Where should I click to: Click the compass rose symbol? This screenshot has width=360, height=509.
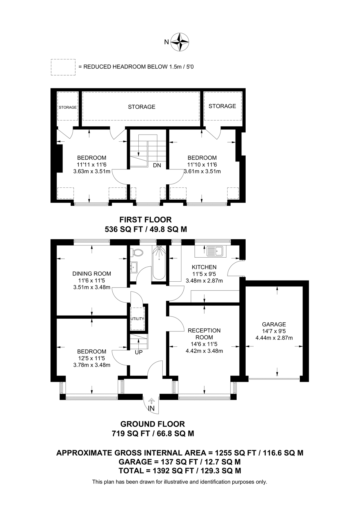pyautogui.click(x=181, y=42)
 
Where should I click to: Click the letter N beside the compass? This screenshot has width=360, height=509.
pyautogui.click(x=166, y=42)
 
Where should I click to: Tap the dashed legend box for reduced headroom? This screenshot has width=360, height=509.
pyautogui.click(x=63, y=67)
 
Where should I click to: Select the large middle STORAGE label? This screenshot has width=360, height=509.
pyautogui.click(x=142, y=107)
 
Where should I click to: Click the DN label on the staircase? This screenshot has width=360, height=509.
pyautogui.click(x=157, y=165)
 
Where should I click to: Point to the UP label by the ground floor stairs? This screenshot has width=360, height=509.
pyautogui.click(x=139, y=353)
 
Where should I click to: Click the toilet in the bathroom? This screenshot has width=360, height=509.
pyautogui.click(x=137, y=252)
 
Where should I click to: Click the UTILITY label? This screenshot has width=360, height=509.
pyautogui.click(x=137, y=319)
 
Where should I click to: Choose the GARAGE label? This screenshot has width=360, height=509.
pyautogui.click(x=274, y=324)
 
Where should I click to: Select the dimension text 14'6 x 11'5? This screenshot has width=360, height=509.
pyautogui.click(x=204, y=344)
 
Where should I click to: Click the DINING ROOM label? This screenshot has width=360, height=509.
pyautogui.click(x=92, y=273)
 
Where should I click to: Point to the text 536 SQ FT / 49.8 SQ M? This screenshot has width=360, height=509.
pyautogui.click(x=146, y=229)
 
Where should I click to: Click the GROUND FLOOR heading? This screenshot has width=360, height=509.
pyautogui.click(x=153, y=424)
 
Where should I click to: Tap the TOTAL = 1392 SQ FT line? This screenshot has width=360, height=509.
pyautogui.click(x=180, y=471)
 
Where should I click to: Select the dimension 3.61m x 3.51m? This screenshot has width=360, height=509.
pyautogui.click(x=202, y=171)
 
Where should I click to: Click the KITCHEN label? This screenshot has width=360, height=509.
pyautogui.click(x=204, y=267)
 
